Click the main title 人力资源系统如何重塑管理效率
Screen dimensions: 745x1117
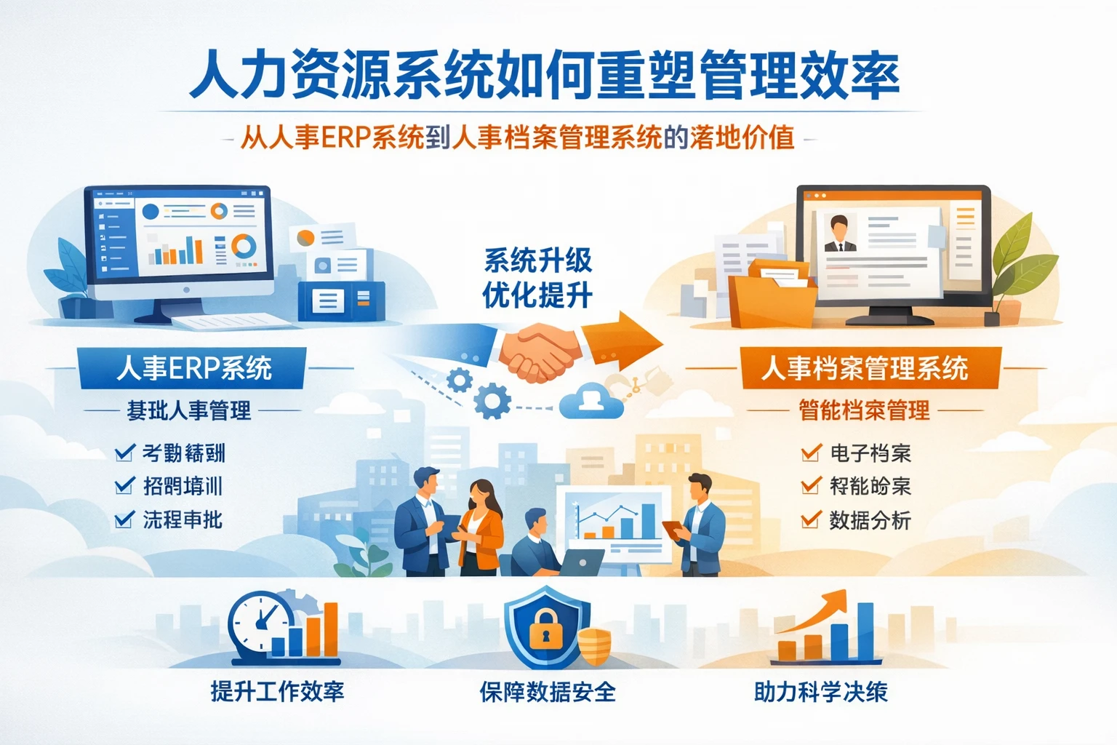(x=544, y=76)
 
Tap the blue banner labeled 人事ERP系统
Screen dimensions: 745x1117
(x=193, y=368)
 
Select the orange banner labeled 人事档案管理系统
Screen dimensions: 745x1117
(x=865, y=368)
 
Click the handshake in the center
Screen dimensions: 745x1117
(x=539, y=351)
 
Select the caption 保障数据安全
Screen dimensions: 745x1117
(x=547, y=691)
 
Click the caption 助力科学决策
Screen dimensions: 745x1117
(x=820, y=691)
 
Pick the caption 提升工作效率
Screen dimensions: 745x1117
(x=277, y=691)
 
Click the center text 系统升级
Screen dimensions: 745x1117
(x=538, y=260)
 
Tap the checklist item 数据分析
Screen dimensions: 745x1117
(x=870, y=520)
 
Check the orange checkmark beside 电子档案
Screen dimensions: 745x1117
(x=811, y=453)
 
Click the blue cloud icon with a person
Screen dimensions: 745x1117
(x=591, y=401)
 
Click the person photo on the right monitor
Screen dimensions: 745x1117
(x=839, y=234)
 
